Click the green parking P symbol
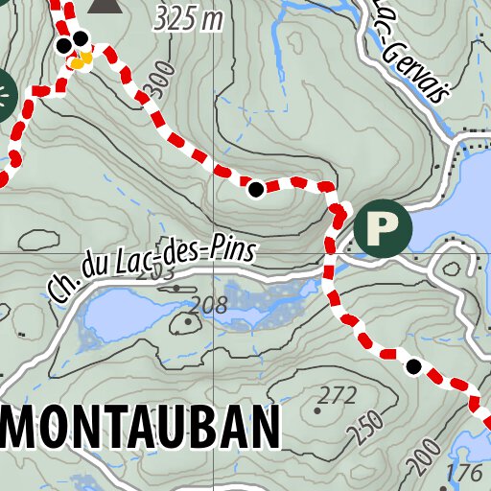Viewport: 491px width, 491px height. [x=383, y=227]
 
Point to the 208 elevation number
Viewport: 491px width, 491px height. [x=208, y=306]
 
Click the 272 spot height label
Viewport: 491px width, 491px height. [x=338, y=394]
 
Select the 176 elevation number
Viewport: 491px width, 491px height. [x=465, y=474]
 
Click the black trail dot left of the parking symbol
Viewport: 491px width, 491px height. [x=256, y=190]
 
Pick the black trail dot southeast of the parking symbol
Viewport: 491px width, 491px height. [x=414, y=366]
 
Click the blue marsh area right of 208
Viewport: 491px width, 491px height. [x=273, y=302]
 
